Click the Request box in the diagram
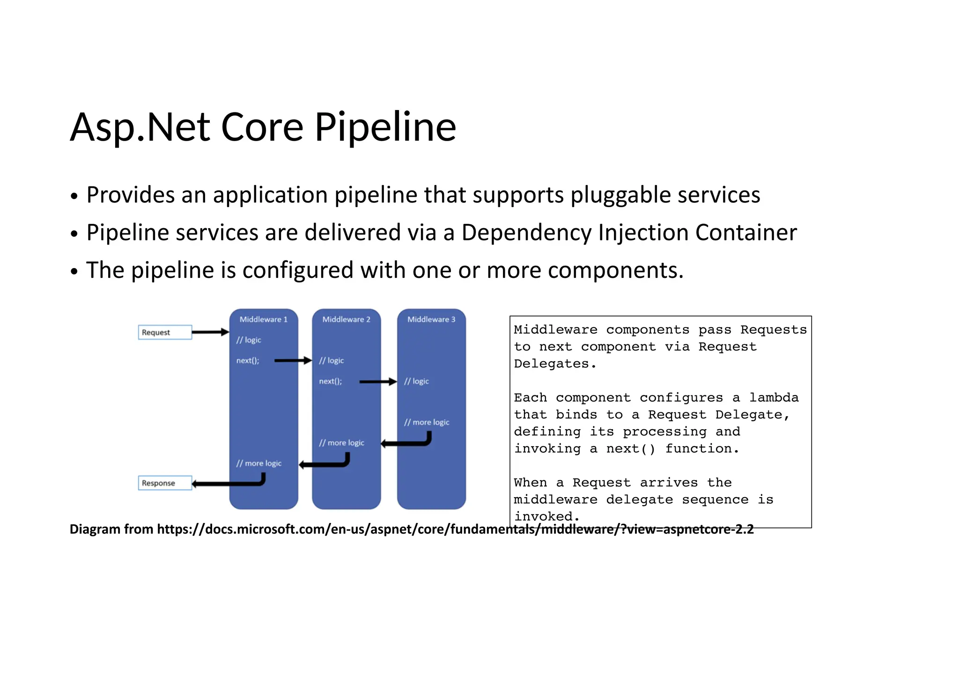coord(165,332)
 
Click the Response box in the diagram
coord(165,483)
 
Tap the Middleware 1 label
coord(263,319)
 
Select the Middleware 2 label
coord(346,319)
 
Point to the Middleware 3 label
coord(431,319)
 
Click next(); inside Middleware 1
coord(248,360)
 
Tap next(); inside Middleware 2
coord(331,381)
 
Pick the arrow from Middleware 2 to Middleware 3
coord(377,382)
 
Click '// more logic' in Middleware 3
coord(427,422)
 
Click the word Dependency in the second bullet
coord(526,232)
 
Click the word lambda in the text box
coord(774,397)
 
